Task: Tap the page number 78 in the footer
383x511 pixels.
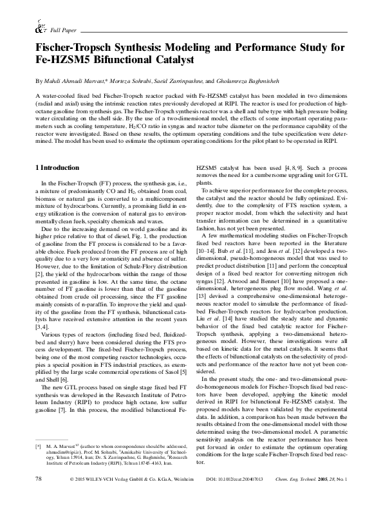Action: tap(38, 497)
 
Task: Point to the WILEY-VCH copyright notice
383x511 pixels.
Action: tap(129, 497)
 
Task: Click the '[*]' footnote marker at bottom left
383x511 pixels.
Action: tap(38, 463)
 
